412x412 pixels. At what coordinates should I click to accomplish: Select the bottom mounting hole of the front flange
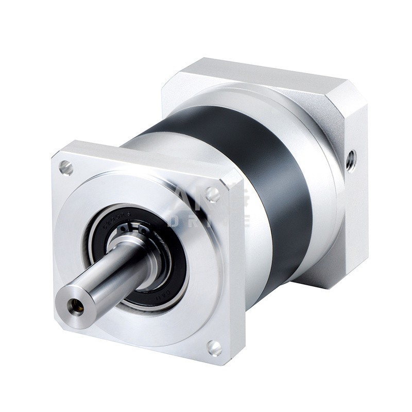[215, 348]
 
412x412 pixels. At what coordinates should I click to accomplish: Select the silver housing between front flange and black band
[247, 247]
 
